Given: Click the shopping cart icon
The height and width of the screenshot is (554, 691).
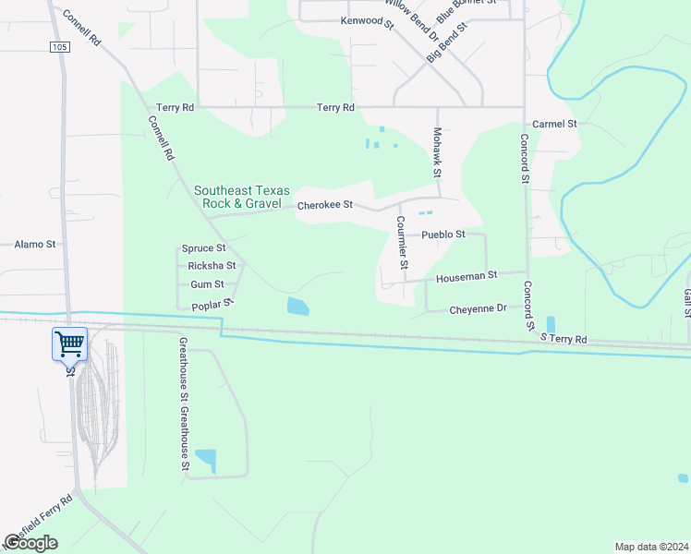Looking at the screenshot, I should [70, 344].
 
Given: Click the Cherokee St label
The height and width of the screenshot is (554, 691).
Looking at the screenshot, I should [325, 205].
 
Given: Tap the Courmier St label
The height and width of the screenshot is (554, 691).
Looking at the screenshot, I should [402, 242].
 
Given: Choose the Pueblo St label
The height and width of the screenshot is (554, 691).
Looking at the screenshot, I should [442, 235].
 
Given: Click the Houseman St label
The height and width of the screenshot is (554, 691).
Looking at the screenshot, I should [467, 275].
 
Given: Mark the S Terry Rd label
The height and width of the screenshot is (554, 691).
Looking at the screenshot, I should [564, 340].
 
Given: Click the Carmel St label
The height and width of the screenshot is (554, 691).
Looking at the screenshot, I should [555, 123].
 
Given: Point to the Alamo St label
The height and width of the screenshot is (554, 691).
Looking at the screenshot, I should [35, 245].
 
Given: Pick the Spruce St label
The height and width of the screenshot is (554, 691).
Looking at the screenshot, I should [203, 248].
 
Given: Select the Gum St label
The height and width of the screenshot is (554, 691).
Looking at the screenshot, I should [207, 285].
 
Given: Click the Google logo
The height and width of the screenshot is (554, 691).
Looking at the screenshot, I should [31, 542].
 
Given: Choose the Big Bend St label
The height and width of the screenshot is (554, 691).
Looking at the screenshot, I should [447, 41].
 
